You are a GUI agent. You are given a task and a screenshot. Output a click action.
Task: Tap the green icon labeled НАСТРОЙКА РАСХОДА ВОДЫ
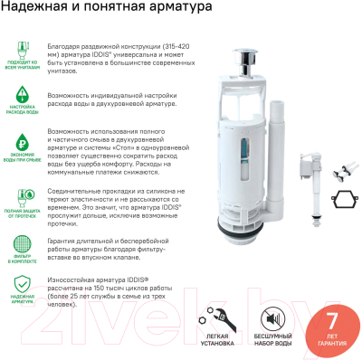(22, 93)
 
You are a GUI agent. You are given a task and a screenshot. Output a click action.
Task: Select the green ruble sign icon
(22, 143)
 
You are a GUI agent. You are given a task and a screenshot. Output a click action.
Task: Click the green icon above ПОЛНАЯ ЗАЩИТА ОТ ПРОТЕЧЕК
(22, 195)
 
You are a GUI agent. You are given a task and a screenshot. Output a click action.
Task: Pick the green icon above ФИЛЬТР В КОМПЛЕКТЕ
(22, 246)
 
